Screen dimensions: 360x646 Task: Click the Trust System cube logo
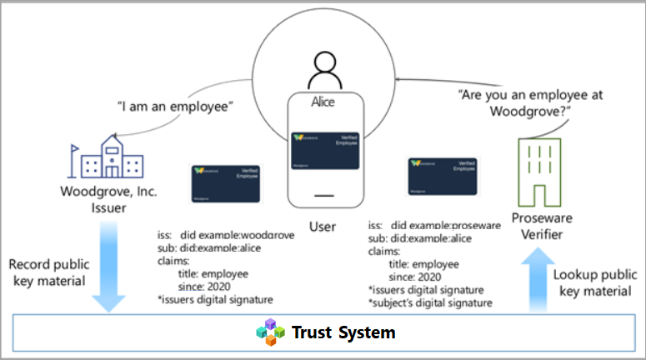(269, 332)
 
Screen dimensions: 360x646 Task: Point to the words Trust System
(343, 333)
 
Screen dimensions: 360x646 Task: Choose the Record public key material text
(52, 272)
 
